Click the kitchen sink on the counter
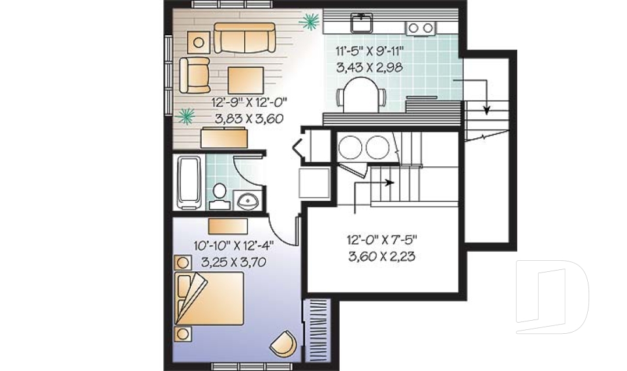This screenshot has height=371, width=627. (361, 22)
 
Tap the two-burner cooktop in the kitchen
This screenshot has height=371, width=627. (420, 28)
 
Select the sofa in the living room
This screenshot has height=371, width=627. (244, 38)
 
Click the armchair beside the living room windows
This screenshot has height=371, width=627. (195, 76)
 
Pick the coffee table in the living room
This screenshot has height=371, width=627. (246, 80)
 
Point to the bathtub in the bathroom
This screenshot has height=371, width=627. (189, 183)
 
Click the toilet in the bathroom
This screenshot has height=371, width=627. (219, 196)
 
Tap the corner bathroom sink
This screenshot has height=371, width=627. (248, 200)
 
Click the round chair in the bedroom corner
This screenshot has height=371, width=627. (283, 343)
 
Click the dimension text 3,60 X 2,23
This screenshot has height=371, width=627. (381, 256)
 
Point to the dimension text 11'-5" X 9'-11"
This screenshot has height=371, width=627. (369, 51)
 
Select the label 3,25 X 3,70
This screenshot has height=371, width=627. (234, 262)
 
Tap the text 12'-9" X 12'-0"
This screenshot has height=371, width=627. (249, 102)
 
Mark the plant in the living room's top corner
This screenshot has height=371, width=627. (310, 22)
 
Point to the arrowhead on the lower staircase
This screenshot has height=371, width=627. (389, 183)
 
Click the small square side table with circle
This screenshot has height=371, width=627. (199, 42)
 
